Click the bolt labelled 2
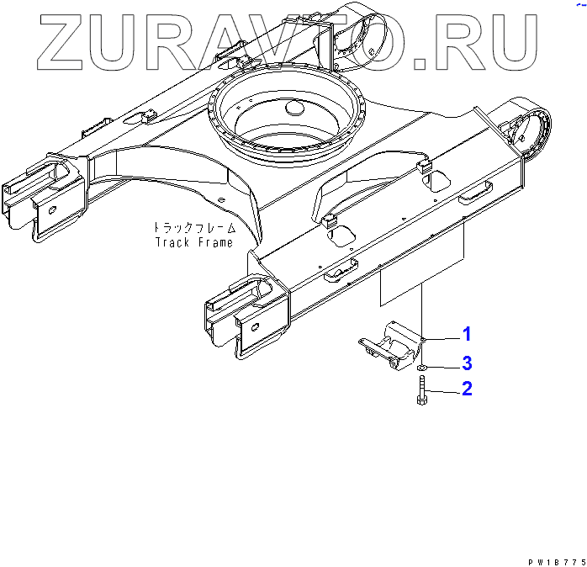pyautogui.click(x=421, y=389)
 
